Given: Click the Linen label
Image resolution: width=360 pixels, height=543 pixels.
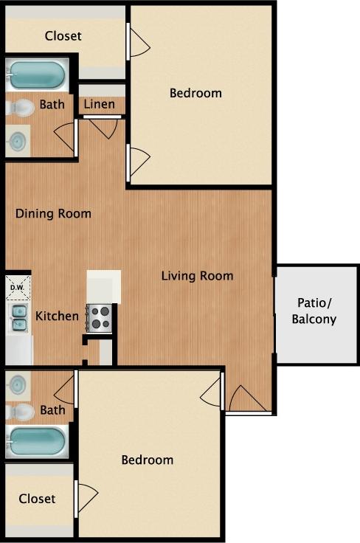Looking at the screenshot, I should click(x=99, y=104).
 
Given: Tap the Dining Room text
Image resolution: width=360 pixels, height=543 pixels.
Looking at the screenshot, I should click(x=54, y=214).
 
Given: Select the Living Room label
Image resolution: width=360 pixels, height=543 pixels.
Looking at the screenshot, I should click(x=198, y=276).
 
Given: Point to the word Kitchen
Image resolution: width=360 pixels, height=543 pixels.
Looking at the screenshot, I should click(x=58, y=316).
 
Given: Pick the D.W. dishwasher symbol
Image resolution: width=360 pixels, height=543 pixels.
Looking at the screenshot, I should click(x=17, y=287).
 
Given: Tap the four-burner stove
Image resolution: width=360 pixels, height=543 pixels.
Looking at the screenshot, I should click(x=100, y=318).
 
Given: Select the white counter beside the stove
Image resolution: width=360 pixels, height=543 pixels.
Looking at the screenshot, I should click(x=103, y=286).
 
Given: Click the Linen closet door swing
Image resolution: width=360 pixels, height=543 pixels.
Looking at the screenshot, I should click(x=104, y=128).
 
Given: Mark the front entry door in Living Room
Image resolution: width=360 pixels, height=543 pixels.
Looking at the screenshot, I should click(x=247, y=399).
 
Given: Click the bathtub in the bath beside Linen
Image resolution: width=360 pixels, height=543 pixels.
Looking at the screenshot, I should click(x=36, y=75).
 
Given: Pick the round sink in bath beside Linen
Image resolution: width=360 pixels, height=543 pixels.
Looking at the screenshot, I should click(x=18, y=139).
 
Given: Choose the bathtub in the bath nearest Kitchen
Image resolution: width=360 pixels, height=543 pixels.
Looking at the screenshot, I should click(x=36, y=440).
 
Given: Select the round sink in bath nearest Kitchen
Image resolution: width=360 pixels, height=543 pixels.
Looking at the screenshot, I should click(x=18, y=384).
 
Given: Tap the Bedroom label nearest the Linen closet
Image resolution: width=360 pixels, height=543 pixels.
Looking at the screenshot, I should click(x=195, y=93).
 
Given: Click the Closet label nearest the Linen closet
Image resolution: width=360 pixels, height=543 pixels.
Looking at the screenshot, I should click(x=63, y=35).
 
